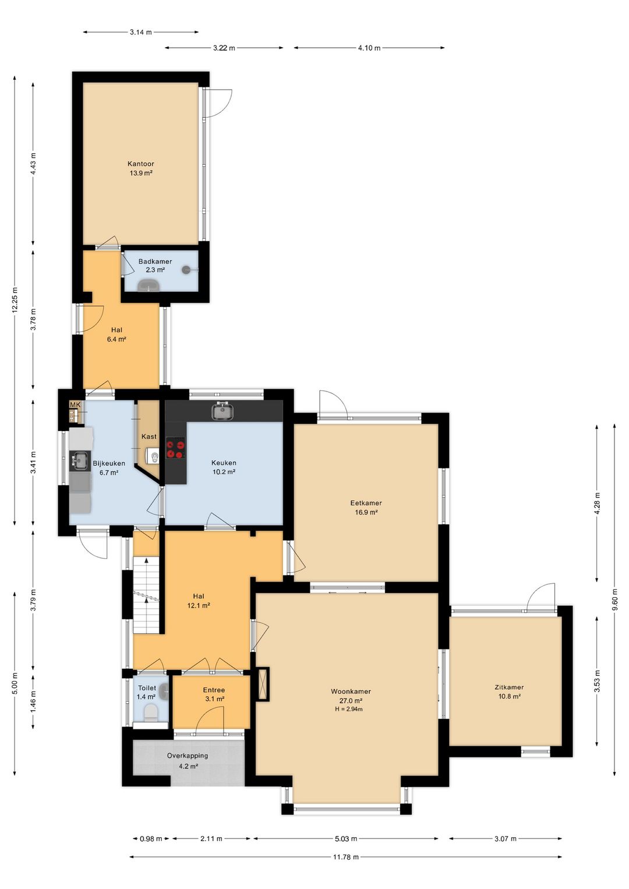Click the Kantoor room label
(140, 164)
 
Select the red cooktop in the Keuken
(175, 448)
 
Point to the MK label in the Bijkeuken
(75, 404)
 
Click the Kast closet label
(149, 436)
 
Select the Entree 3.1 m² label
(214, 694)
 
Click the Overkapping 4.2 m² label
(188, 761)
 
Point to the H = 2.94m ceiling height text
(348, 709)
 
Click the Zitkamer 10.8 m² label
(509, 692)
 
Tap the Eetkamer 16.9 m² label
(366, 507)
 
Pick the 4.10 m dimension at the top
(369, 48)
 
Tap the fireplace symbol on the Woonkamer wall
(262, 684)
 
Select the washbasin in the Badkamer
(148, 285)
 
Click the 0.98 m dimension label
(151, 838)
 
